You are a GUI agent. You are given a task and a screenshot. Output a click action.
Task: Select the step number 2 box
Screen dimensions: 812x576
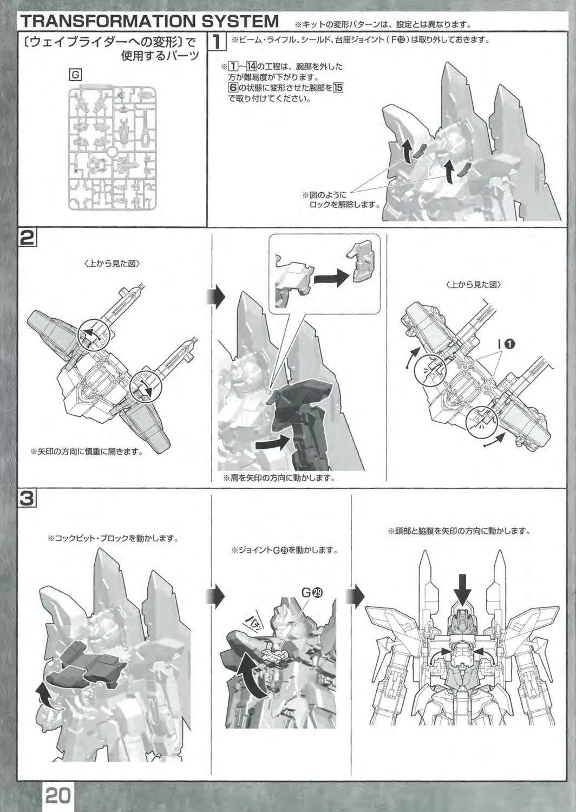point(27,238)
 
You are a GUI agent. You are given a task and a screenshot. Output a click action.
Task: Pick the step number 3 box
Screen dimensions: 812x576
point(27,498)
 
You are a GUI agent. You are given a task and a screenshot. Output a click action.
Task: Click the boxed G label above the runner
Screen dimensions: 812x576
point(75,75)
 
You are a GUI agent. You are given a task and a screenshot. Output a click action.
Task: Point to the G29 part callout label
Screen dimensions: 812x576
point(312,592)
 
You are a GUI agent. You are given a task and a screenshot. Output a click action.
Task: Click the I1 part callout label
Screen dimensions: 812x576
point(506,343)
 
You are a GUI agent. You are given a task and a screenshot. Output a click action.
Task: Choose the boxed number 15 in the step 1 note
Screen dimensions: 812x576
point(338,88)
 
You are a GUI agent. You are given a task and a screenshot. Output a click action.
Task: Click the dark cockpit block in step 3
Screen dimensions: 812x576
point(87,663)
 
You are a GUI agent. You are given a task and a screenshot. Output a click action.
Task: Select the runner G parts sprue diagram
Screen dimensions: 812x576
point(112,146)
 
